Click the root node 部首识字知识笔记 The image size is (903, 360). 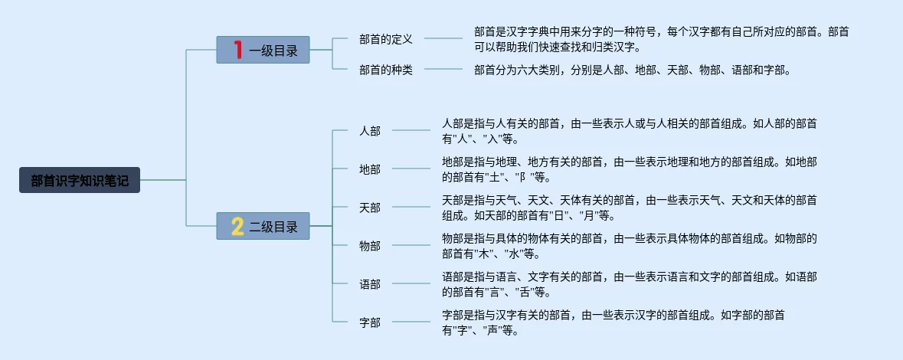pyautogui.click(x=80, y=181)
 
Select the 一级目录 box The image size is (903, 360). pyautogui.click(x=263, y=50)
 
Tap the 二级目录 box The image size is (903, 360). pyautogui.click(x=263, y=226)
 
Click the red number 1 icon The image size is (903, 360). pyautogui.click(x=237, y=50)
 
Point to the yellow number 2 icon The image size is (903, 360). pyautogui.click(x=237, y=226)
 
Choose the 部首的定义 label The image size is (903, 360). pyautogui.click(x=385, y=38)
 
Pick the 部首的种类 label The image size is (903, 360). pyautogui.click(x=385, y=70)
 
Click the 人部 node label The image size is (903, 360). pyautogui.click(x=369, y=131)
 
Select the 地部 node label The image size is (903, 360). pyautogui.click(x=369, y=169)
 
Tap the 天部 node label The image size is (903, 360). pyautogui.click(x=369, y=208)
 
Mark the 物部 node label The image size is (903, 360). pyautogui.click(x=369, y=246)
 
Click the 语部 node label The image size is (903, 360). pyautogui.click(x=369, y=284)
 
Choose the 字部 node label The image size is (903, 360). pyautogui.click(x=369, y=322)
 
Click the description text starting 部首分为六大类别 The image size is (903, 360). pyautogui.click(x=631, y=70)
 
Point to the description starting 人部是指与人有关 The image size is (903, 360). pyautogui.click(x=629, y=131)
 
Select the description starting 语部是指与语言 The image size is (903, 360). pyautogui.click(x=629, y=284)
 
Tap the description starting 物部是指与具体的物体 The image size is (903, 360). pyautogui.click(x=629, y=246)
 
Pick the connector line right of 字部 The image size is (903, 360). pyautogui.click(x=411, y=322)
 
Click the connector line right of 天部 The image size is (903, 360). pyautogui.click(x=411, y=207)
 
